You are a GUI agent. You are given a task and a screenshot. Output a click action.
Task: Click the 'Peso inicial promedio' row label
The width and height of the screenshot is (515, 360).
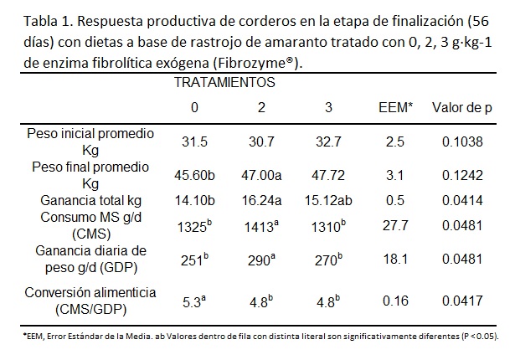coord(90,134)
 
